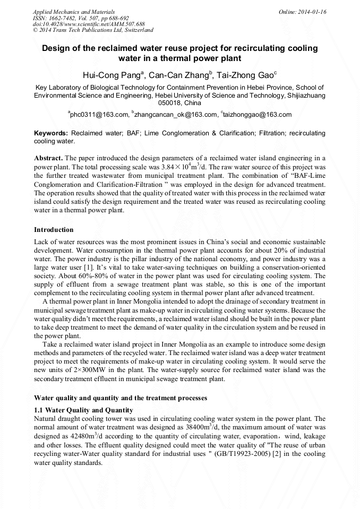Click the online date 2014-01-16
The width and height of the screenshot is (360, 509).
coord(310,12)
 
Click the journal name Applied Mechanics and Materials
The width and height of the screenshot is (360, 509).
coord(74,12)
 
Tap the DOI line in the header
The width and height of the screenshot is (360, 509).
coord(89,24)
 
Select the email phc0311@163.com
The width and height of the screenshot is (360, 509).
coord(99,114)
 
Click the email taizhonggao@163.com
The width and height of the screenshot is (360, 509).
coord(258,114)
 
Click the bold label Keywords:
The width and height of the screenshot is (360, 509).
coord(51,133)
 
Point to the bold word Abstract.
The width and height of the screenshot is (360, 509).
coord(48,159)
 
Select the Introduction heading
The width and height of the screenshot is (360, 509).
coord(54,230)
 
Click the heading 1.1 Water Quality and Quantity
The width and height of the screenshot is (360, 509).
coord(83,410)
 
